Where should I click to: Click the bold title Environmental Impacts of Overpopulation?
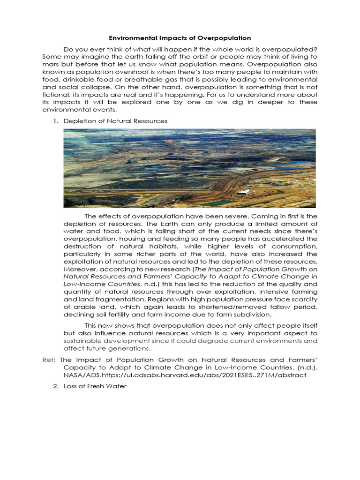click(x=180, y=38)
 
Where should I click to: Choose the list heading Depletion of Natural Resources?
click(x=115, y=121)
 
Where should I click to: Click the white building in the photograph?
click(x=243, y=192)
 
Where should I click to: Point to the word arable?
click(x=84, y=307)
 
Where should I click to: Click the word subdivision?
click(x=244, y=314)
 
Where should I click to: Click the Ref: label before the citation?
click(x=48, y=360)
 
